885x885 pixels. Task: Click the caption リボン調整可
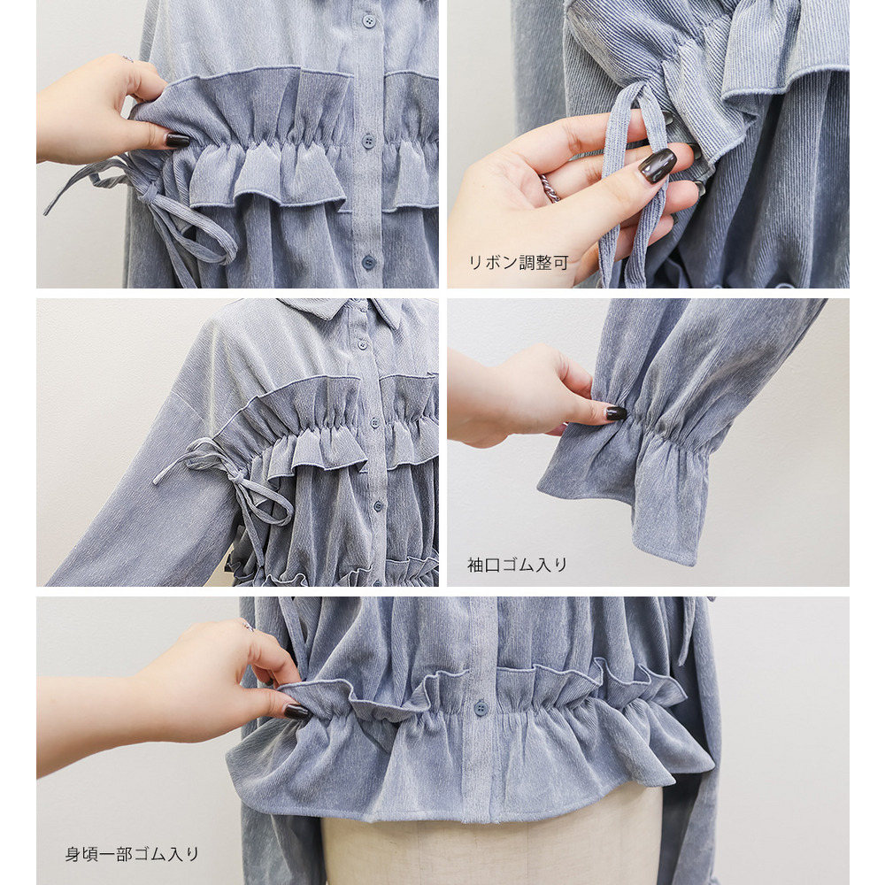coord(518,263)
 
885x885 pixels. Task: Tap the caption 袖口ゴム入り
coord(517,565)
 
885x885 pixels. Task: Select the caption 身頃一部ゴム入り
coord(132,854)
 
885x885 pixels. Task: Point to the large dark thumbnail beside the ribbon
coord(658,164)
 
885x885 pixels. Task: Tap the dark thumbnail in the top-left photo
coord(176,140)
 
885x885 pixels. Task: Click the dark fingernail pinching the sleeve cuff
coord(616,413)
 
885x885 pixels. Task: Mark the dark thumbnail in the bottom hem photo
coord(296,712)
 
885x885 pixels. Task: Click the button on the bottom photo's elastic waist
coord(481,708)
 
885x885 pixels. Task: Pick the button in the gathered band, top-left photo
coord(368,140)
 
